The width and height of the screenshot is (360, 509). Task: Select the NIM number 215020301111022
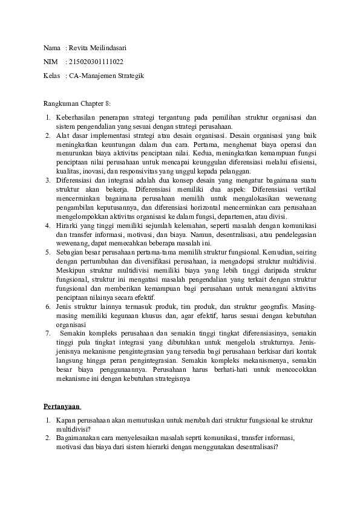[97, 62]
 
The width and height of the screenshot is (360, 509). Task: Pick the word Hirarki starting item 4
[68, 225]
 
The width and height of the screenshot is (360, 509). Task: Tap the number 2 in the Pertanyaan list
[47, 438]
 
